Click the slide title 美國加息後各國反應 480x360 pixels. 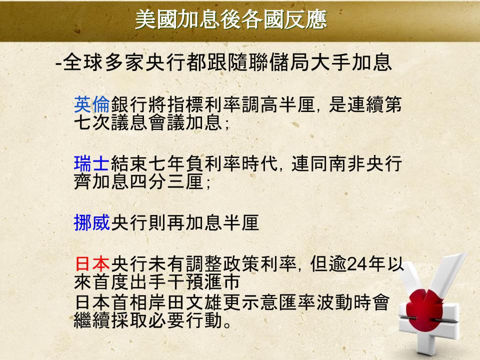(x=231, y=19)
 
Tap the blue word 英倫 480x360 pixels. (x=92, y=104)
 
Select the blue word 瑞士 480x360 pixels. (x=92, y=163)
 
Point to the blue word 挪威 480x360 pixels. (x=92, y=222)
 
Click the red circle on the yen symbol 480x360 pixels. (x=424, y=308)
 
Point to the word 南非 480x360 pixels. (x=347, y=163)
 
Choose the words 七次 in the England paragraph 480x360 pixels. (x=92, y=122)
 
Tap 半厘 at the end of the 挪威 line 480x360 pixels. (x=241, y=222)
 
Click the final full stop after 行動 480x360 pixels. (x=227, y=324)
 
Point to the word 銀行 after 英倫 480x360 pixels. (x=129, y=104)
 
